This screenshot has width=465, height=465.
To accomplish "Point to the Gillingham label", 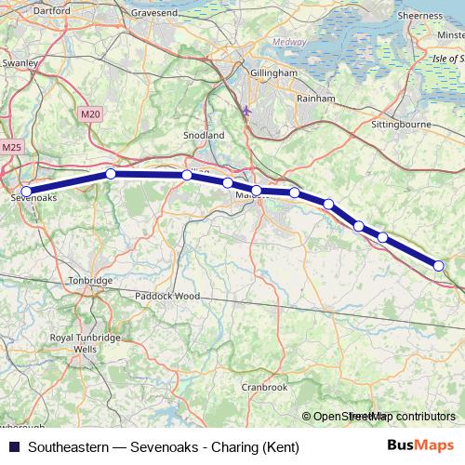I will pyautogui.click(x=273, y=72).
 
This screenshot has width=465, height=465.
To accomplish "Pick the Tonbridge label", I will pyautogui.click(x=90, y=280).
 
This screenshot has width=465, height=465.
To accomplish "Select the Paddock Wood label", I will pyautogui.click(x=167, y=296).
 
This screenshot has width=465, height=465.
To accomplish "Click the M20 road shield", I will pyautogui.click(x=89, y=113).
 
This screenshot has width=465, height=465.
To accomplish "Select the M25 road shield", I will pyautogui.click(x=12, y=147).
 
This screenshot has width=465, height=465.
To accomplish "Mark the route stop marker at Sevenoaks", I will pyautogui.click(x=26, y=191).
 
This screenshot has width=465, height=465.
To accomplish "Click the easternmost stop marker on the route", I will pyautogui.click(x=439, y=267).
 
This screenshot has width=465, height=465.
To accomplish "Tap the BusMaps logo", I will pyautogui.click(x=420, y=446).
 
